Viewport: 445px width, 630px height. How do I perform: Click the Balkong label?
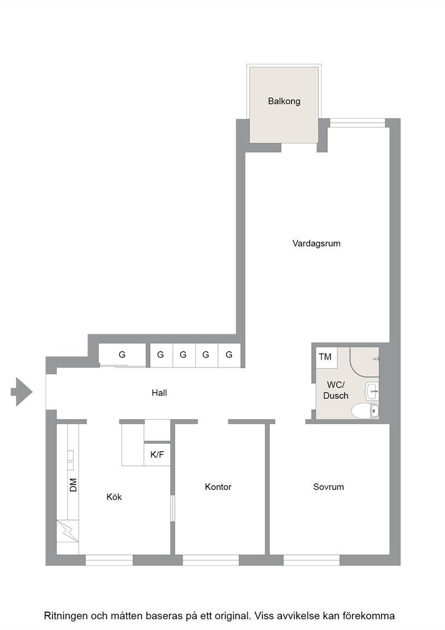click(x=284, y=101)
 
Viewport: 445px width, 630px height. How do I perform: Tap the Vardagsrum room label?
click(x=316, y=243)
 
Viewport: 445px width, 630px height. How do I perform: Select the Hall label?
click(x=159, y=393)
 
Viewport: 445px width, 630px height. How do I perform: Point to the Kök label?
click(x=114, y=497)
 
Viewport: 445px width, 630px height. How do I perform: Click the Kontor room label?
click(x=218, y=487)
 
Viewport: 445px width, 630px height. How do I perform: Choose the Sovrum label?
click(x=329, y=487)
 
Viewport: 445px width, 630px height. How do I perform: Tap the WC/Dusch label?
click(x=336, y=390)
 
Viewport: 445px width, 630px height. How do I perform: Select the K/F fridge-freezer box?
click(x=157, y=454)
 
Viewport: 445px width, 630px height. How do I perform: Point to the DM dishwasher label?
click(x=73, y=485)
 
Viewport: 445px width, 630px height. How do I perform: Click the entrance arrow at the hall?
click(x=22, y=392)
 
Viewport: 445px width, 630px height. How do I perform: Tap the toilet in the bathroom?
click(x=365, y=411)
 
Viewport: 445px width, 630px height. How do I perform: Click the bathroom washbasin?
click(x=372, y=391)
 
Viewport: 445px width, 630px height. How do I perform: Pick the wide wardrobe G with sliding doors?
click(x=122, y=355)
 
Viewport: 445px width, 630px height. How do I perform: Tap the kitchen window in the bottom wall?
click(x=109, y=560)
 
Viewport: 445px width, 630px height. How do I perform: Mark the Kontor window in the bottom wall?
click(x=211, y=560)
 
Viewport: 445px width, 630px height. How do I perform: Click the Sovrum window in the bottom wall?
click(x=312, y=560)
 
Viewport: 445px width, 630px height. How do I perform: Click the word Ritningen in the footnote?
click(x=66, y=616)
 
